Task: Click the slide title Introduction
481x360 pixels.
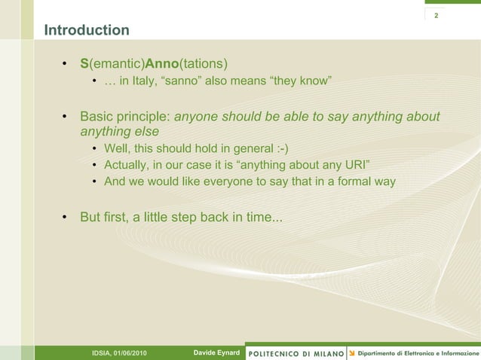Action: pyautogui.click(x=87, y=31)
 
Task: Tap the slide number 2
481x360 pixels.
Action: pyautogui.click(x=435, y=16)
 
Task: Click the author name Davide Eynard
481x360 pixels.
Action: pyautogui.click(x=216, y=352)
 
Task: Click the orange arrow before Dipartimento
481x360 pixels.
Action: pyautogui.click(x=351, y=352)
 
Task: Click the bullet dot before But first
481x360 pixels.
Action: pyautogui.click(x=65, y=218)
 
